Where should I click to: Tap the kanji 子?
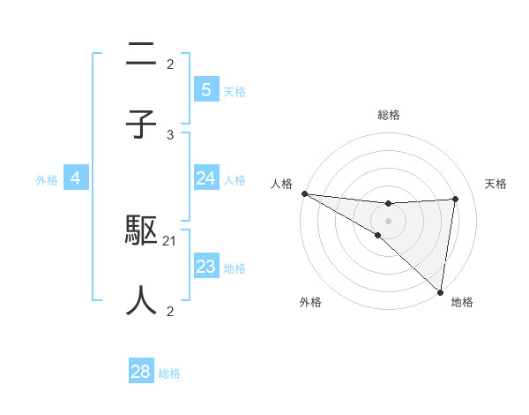(x=141, y=124)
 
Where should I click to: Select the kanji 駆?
(x=141, y=231)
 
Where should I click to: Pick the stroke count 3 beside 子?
(x=170, y=134)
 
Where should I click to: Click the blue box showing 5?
(x=205, y=89)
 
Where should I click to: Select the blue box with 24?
(x=205, y=178)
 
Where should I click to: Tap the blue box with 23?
(x=205, y=267)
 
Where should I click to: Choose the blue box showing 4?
(x=76, y=178)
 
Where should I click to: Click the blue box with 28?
(x=141, y=372)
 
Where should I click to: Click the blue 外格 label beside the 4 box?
(x=47, y=179)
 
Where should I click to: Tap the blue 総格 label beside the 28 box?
(x=169, y=373)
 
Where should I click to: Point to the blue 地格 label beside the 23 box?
(x=235, y=268)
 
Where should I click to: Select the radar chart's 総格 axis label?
(x=389, y=115)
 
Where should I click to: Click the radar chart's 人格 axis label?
(x=281, y=184)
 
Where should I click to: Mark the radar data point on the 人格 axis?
(x=304, y=193)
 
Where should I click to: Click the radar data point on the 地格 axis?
(x=439, y=291)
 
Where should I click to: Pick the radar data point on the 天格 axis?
(x=455, y=199)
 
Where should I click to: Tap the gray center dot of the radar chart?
(x=389, y=220)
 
